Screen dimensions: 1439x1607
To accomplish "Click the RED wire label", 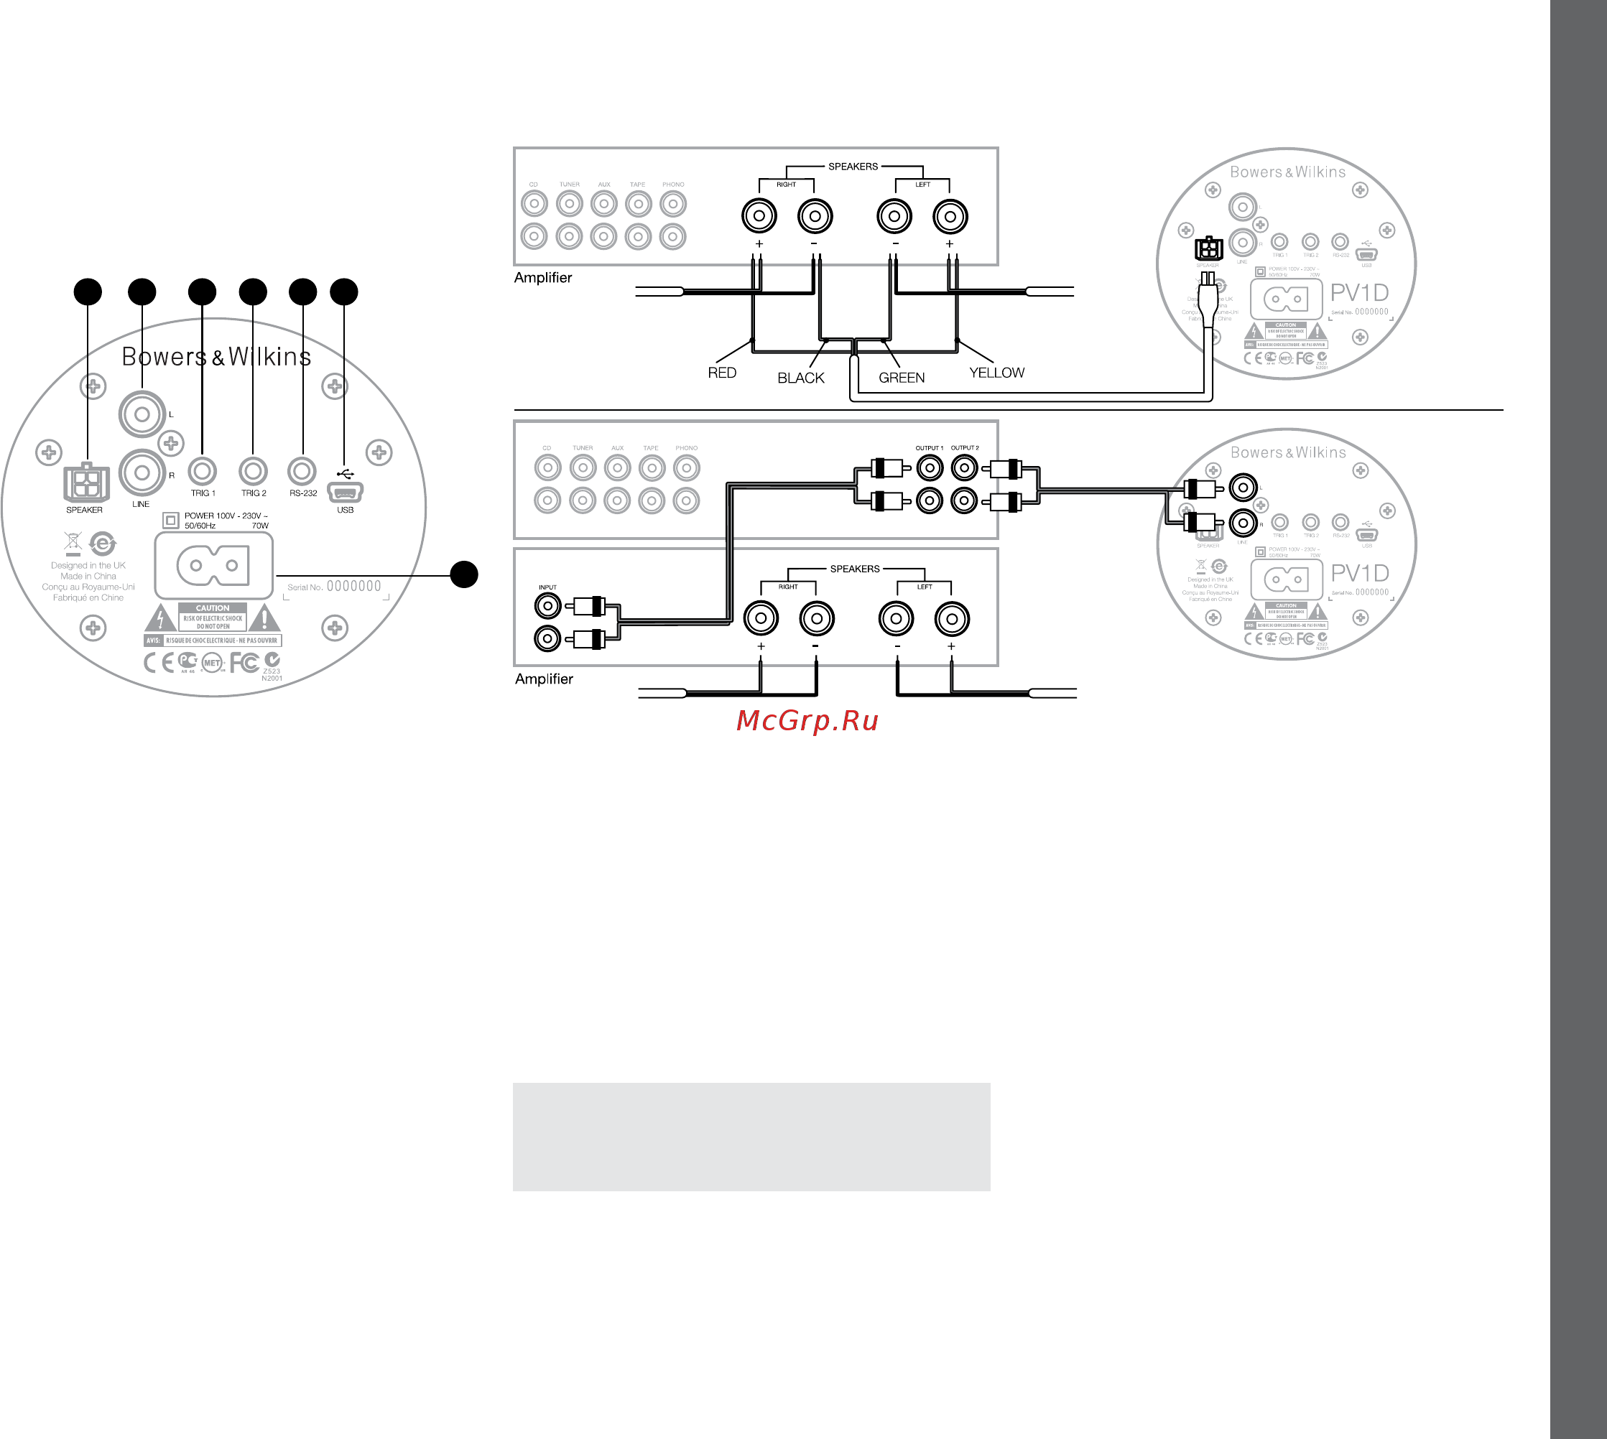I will point(721,373).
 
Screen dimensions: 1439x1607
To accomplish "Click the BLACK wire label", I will point(800,378).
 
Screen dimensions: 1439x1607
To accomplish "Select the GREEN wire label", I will point(901,378).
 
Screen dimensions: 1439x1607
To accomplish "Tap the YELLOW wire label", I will point(996,373).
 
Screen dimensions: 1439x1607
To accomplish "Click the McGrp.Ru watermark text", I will point(807,720).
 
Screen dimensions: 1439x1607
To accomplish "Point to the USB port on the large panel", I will point(345,492).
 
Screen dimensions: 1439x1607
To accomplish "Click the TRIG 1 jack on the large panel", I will point(203,471).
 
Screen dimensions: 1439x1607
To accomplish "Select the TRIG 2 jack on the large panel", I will point(253,471).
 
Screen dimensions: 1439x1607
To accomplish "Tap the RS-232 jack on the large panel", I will point(302,471).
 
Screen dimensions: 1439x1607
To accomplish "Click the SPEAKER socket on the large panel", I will point(85,483).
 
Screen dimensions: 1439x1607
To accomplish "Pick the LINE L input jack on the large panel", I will point(142,414).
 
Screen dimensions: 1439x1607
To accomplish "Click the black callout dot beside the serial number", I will point(464,574).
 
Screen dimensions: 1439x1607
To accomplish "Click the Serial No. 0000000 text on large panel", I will point(334,587).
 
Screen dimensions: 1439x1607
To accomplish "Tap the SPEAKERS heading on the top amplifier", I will point(853,167).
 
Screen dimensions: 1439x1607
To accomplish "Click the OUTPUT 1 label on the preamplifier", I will point(930,448).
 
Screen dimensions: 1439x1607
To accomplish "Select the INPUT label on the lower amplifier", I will point(547,587).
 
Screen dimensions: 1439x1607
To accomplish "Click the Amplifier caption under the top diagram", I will point(542,277).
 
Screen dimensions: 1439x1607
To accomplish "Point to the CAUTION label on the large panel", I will point(212,608).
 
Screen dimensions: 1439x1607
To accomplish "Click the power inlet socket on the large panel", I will point(213,565).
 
